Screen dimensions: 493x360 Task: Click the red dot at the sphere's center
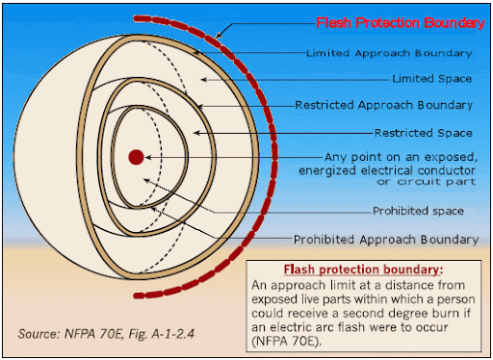coord(136,157)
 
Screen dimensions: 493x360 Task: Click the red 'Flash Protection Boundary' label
coord(401,23)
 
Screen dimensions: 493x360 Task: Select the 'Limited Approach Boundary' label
coord(389,53)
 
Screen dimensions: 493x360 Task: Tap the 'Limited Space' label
coord(432,79)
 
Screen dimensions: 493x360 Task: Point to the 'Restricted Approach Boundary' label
coord(383,105)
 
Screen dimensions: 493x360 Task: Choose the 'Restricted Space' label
coord(424,133)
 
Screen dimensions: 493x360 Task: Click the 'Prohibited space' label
coord(418,211)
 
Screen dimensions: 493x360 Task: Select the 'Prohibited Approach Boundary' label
coord(386,240)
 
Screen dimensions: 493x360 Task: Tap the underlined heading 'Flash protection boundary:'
coord(363,270)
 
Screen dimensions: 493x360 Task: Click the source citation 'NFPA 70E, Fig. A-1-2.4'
coord(129,334)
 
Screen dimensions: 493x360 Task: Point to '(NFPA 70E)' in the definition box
coord(286,341)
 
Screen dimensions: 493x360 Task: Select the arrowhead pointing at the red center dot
coord(147,157)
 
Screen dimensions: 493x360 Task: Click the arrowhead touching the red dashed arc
coord(219,35)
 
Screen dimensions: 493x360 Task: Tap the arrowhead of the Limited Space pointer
coord(203,79)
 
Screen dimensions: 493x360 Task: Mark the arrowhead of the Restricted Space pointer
coord(197,133)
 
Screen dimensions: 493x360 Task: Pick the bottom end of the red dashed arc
coord(137,296)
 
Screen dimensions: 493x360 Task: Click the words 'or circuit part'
coord(426,182)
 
